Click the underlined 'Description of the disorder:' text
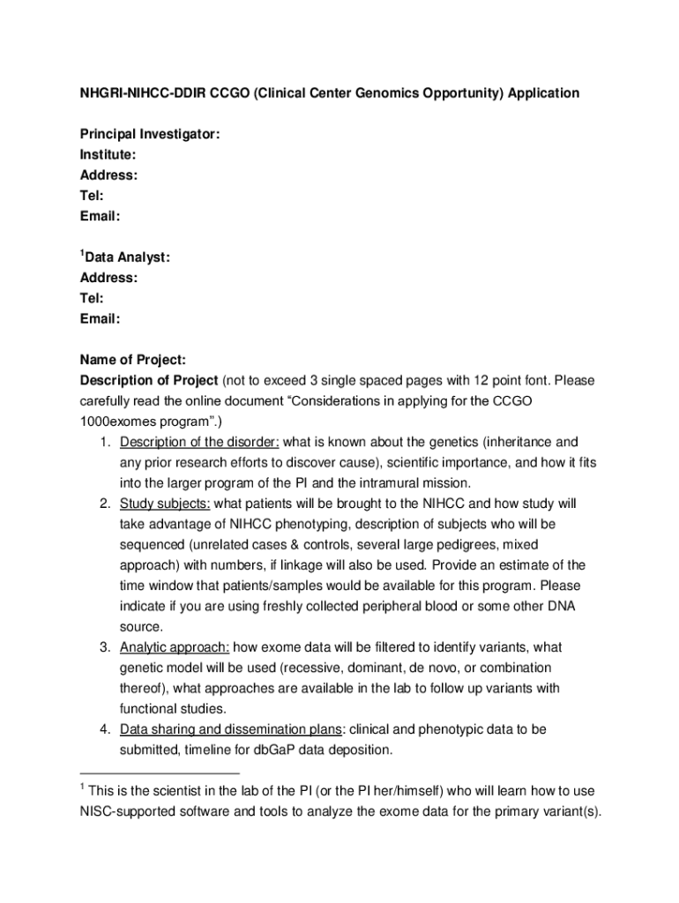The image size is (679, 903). coord(199,442)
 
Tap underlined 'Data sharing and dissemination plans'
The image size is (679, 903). coord(230,729)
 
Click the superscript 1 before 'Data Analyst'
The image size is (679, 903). coord(82,253)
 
